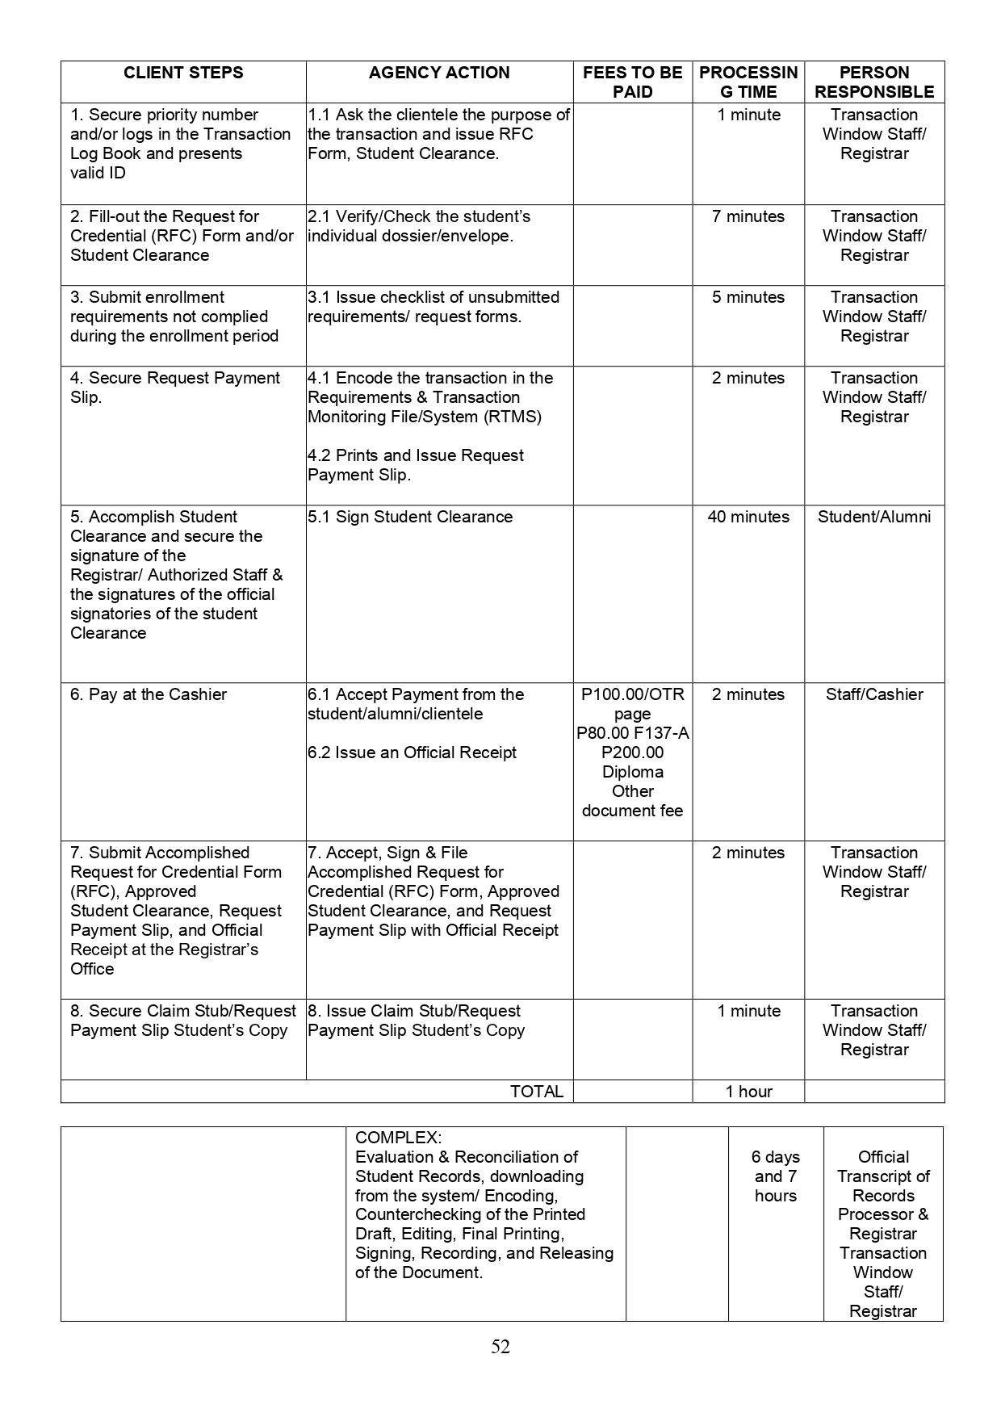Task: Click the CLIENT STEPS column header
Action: point(183,73)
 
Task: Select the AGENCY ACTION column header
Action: point(439,73)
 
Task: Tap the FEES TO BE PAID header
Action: point(632,82)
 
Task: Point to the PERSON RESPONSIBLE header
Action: point(874,82)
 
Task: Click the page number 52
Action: point(500,1346)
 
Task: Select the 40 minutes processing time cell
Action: point(748,517)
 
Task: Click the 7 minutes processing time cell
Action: point(748,216)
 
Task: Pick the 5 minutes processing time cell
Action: point(748,297)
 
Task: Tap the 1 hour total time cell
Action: point(748,1092)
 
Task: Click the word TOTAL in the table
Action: point(537,1092)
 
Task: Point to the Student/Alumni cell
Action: point(874,517)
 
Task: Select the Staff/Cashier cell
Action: point(874,694)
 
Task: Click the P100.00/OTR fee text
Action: point(632,694)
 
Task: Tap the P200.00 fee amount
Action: point(632,753)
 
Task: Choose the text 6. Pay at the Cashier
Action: point(149,694)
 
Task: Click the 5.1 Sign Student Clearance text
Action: point(410,517)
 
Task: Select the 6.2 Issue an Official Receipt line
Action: point(412,753)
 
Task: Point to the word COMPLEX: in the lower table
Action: point(398,1138)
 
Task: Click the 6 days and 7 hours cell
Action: point(776,1176)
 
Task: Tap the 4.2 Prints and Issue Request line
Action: point(416,455)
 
